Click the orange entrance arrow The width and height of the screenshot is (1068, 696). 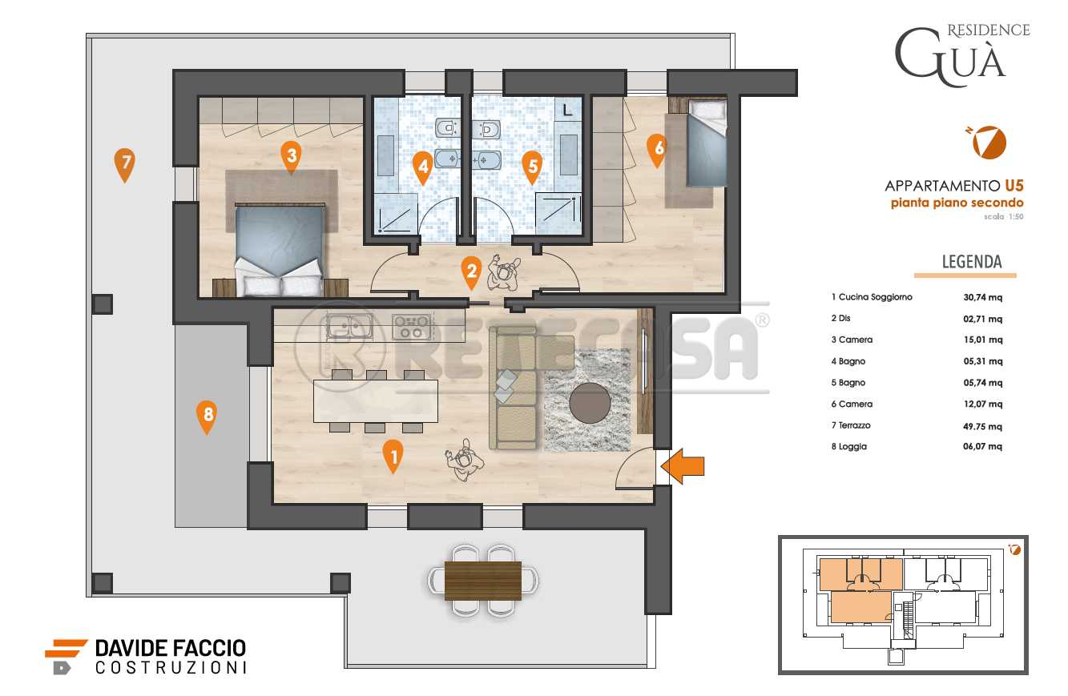(683, 466)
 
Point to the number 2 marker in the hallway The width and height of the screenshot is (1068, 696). (472, 272)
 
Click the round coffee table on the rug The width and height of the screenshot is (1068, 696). (590, 403)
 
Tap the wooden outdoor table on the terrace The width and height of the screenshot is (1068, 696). (483, 581)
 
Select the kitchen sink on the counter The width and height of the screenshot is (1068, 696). (349, 327)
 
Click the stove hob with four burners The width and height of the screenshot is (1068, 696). (413, 327)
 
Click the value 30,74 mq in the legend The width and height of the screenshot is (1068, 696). (982, 297)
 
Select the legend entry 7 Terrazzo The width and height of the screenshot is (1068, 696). (851, 425)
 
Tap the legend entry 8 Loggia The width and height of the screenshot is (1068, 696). (849, 447)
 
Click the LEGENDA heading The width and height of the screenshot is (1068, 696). (972, 262)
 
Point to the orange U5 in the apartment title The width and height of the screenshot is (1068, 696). (1014, 185)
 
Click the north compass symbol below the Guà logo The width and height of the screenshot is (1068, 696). (988, 142)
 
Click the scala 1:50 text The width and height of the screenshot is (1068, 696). (1004, 216)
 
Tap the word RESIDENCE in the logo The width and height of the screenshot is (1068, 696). (989, 30)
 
